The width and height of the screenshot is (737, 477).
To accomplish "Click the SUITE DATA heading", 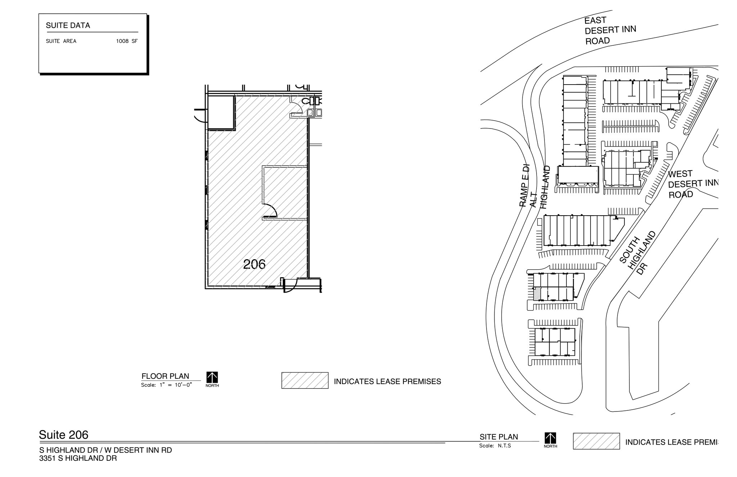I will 68,26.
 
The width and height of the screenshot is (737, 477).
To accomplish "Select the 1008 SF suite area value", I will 127,41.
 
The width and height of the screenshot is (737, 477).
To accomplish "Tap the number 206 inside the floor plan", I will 254,264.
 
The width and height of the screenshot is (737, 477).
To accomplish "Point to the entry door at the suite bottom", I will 290,286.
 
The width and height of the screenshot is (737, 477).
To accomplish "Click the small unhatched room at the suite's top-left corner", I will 221,112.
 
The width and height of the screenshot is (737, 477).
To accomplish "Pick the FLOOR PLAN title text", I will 165,376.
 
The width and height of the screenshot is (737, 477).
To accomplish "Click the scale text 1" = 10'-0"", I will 176,385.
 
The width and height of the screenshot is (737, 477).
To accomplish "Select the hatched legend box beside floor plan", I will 305,381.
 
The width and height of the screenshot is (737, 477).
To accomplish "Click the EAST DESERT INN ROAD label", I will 610,30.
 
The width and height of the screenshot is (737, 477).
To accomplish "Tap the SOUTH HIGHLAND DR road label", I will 637,254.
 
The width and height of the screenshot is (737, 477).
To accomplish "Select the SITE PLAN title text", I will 498,437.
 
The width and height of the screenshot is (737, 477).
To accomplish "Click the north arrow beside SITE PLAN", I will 550,439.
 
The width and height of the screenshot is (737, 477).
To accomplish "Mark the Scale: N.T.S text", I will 495,446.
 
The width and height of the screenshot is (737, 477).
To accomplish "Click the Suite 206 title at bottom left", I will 64,435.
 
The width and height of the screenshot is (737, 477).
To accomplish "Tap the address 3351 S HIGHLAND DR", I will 78,458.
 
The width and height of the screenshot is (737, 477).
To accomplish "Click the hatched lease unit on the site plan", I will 537,294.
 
